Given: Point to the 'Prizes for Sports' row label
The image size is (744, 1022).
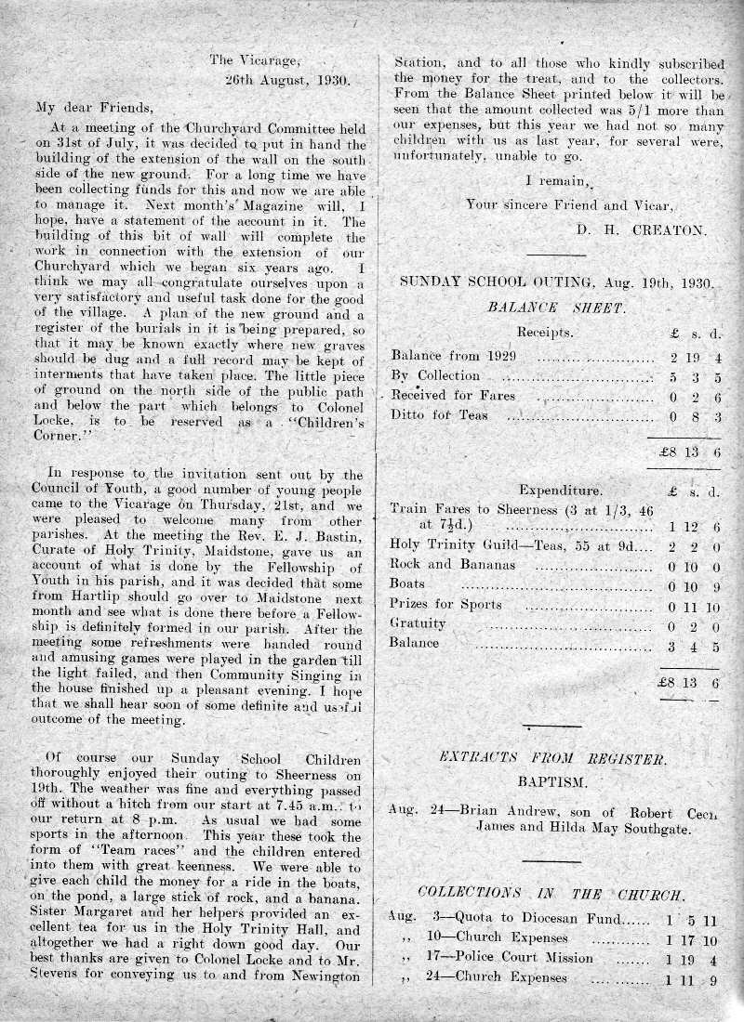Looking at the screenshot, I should [446, 604].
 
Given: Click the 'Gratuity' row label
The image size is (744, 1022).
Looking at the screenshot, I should [418, 623].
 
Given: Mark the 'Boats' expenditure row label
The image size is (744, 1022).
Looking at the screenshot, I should [408, 583].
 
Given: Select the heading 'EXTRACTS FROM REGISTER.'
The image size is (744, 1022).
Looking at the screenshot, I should [552, 759].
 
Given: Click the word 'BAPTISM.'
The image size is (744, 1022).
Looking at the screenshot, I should [552, 782].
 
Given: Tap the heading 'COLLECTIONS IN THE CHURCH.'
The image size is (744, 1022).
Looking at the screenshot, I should [552, 893].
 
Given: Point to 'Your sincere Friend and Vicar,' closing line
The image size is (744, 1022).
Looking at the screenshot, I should [570, 203].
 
